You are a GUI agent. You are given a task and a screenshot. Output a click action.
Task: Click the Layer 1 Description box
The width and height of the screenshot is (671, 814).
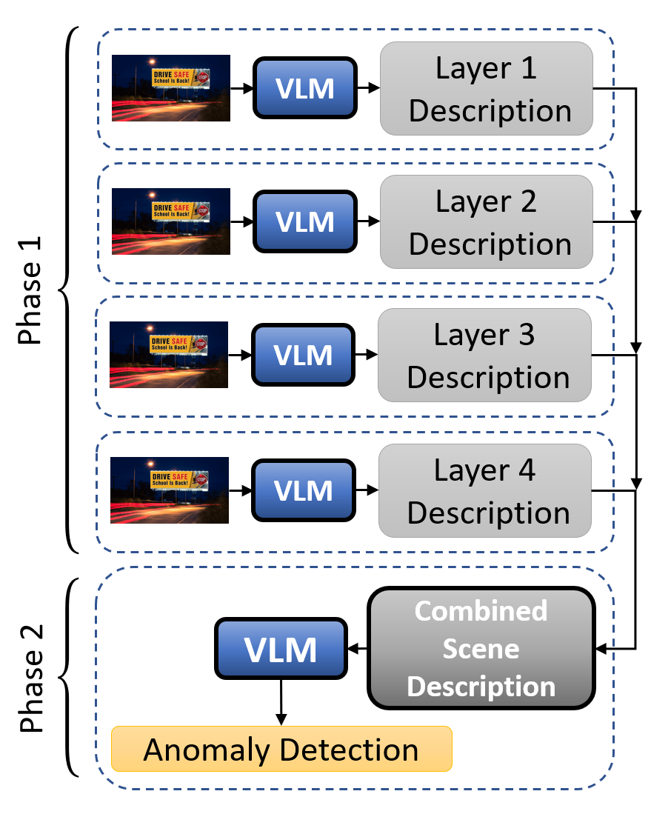487,89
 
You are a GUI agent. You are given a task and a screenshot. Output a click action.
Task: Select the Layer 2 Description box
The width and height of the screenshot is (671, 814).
487,221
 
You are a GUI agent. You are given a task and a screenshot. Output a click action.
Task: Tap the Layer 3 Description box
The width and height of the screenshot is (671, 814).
485,356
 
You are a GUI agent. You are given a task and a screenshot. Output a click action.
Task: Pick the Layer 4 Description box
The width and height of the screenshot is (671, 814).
485,491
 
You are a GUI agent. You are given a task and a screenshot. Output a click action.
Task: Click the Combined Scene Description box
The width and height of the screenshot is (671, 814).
481,649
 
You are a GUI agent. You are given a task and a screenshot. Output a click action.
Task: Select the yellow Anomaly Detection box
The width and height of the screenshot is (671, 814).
281,749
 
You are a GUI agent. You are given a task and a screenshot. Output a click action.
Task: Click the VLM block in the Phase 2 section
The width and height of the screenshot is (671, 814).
281,650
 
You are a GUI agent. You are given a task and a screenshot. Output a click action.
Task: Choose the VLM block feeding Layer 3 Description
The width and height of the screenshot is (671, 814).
303,356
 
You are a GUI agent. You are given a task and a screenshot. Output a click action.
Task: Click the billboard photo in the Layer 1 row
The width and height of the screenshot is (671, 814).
171,88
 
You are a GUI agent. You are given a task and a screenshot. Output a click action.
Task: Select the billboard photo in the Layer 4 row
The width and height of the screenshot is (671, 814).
170,490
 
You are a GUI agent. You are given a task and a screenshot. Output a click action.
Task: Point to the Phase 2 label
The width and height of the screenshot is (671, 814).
31,678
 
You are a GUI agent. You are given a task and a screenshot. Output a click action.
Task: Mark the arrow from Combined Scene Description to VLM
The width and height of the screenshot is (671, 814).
357,650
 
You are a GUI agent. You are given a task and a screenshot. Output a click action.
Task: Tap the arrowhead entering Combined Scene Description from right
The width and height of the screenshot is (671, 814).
602,650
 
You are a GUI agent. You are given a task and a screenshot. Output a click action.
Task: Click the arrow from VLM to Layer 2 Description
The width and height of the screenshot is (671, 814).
367,221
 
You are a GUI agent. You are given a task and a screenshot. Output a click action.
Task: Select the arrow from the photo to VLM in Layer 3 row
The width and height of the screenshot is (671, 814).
240,356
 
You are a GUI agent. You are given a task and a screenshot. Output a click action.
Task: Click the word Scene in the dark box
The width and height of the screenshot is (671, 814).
481,650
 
